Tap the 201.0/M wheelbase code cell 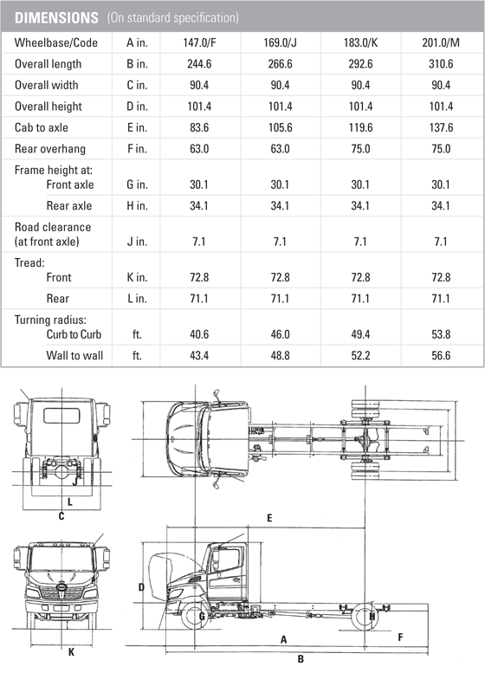pyautogui.click(x=441, y=43)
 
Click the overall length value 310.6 pyautogui.click(x=441, y=64)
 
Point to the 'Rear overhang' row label pyautogui.click(x=49, y=149)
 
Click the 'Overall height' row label pyautogui.click(x=48, y=107)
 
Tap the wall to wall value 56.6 pyautogui.click(x=441, y=355)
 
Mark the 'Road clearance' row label pyautogui.click(x=53, y=227)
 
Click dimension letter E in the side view pyautogui.click(x=269, y=518)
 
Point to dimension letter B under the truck pyautogui.click(x=300, y=658)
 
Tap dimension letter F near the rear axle pyautogui.click(x=399, y=637)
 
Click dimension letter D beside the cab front pyautogui.click(x=141, y=586)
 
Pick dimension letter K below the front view pyautogui.click(x=71, y=652)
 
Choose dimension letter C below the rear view pyautogui.click(x=61, y=517)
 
